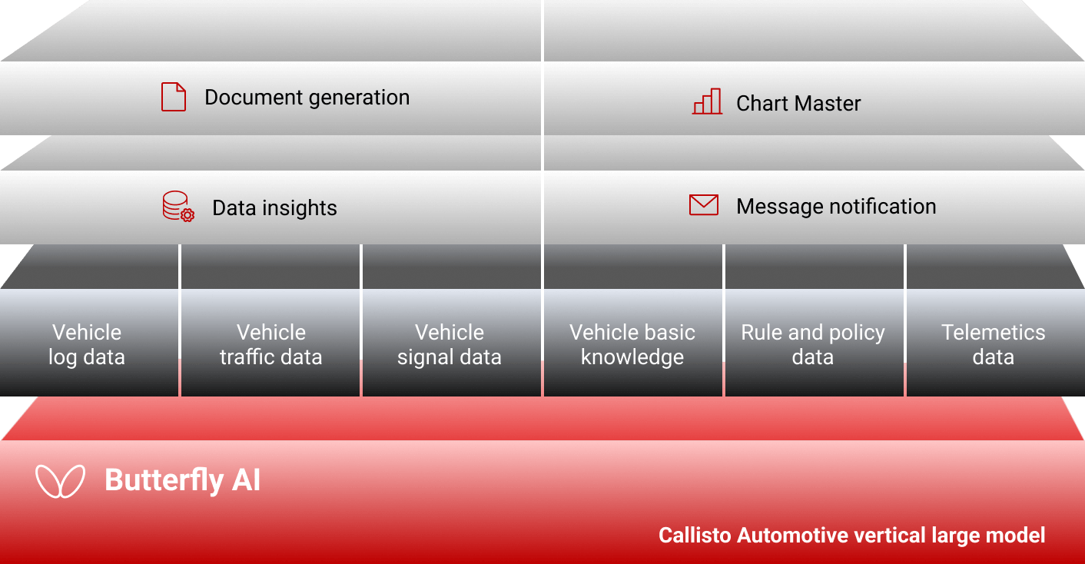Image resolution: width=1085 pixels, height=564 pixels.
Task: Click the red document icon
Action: pos(174,97)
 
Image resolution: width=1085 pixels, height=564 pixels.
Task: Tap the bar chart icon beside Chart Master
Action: pos(707,101)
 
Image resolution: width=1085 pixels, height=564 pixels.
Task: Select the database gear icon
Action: pos(178,207)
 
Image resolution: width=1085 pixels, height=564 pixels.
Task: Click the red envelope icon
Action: pos(704,205)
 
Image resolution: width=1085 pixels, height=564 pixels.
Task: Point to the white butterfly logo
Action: pos(61,481)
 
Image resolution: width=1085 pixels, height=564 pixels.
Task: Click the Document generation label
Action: pos(307,98)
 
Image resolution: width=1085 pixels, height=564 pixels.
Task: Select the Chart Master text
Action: pos(798,103)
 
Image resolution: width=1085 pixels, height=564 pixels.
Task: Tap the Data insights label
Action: pos(274,208)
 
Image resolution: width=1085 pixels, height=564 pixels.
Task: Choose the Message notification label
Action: pos(836,207)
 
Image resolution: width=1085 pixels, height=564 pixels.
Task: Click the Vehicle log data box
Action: pos(89,343)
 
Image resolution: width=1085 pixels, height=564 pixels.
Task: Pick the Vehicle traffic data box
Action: pos(270,343)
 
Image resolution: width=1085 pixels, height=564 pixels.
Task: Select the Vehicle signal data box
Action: pos(451,343)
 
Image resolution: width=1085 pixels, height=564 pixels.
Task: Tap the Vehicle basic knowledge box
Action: pos(633,343)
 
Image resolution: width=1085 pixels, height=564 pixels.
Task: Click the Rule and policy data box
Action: pos(815,343)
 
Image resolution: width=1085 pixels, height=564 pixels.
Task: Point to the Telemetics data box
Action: pos(995,343)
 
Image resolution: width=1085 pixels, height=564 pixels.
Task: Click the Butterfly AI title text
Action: pos(183,480)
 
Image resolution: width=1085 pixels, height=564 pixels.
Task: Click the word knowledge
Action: pos(632,357)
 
